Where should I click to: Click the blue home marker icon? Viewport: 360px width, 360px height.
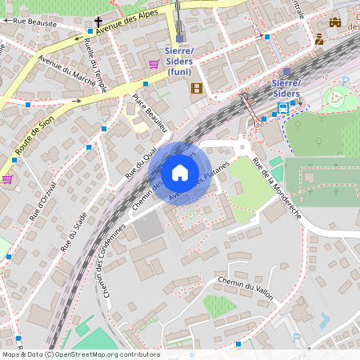pos(180,173)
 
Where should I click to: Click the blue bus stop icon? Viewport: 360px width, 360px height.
pos(284,106)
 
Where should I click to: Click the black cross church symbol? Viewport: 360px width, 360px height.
pos(99,22)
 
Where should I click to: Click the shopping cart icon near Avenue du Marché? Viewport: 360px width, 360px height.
pos(153,63)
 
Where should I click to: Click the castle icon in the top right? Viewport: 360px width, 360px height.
pos(334,23)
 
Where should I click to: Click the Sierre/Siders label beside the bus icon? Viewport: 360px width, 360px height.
pos(286,88)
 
